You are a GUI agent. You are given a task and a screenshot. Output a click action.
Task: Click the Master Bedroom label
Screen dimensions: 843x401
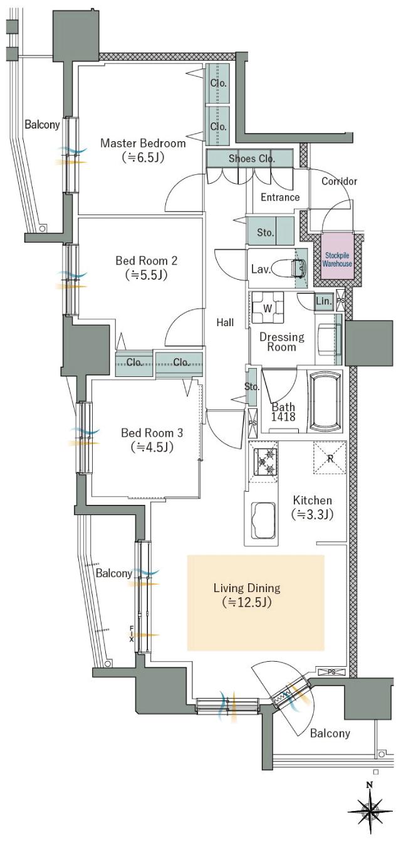[x=143, y=144]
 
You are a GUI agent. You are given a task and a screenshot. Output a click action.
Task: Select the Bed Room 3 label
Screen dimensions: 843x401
[x=152, y=433]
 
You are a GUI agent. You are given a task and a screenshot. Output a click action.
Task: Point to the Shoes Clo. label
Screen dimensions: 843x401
[x=251, y=159]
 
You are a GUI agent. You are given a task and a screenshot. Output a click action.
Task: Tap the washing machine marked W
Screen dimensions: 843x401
[x=268, y=307]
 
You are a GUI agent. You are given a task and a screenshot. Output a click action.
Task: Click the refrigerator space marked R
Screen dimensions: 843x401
[x=329, y=457]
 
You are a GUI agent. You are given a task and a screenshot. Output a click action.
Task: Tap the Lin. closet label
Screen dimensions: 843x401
[x=324, y=302]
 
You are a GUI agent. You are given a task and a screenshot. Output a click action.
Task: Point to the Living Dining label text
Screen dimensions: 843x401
[x=246, y=588]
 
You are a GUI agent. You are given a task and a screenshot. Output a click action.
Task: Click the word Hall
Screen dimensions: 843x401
[x=225, y=322]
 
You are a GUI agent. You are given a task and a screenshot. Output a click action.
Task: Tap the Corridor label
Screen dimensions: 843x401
[x=339, y=181]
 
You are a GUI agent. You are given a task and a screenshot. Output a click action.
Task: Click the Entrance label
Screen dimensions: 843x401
[x=279, y=197]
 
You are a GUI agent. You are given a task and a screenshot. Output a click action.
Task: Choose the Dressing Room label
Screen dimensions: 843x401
[x=281, y=341]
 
